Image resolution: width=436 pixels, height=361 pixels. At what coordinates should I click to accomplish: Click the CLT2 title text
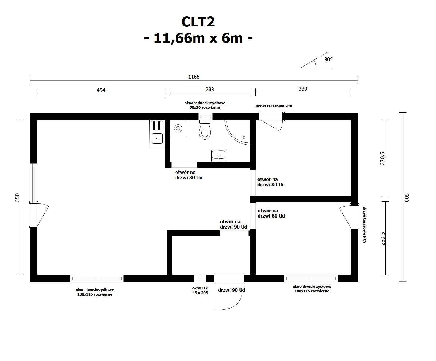[198, 22]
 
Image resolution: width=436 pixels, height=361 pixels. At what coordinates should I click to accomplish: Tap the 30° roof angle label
[328, 60]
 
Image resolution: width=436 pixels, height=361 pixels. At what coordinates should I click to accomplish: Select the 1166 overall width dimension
[194, 77]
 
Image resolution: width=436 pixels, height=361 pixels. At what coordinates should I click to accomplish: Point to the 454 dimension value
[101, 90]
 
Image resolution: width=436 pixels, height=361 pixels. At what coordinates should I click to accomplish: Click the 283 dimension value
[210, 89]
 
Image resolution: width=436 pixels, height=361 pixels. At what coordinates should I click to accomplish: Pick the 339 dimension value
[303, 89]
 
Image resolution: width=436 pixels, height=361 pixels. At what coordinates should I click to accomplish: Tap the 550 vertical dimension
[17, 197]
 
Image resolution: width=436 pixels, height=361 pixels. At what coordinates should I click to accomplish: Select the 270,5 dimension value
[383, 158]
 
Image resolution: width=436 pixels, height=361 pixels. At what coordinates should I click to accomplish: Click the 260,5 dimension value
[383, 238]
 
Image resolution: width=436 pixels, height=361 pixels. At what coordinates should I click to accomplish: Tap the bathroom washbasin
[219, 156]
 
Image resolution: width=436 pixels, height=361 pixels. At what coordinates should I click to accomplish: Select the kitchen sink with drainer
[157, 134]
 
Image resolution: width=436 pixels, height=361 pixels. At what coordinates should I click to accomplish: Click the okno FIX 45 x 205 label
[200, 290]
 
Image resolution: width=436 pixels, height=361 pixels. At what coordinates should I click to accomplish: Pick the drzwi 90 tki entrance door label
[232, 290]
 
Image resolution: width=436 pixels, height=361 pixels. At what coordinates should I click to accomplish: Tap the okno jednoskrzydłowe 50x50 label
[205, 105]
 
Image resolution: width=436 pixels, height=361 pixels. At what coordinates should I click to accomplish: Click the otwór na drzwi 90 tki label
[233, 224]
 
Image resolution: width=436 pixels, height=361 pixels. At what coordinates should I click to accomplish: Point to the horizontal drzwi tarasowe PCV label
[274, 106]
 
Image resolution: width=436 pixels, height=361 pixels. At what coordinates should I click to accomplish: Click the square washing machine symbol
[178, 129]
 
